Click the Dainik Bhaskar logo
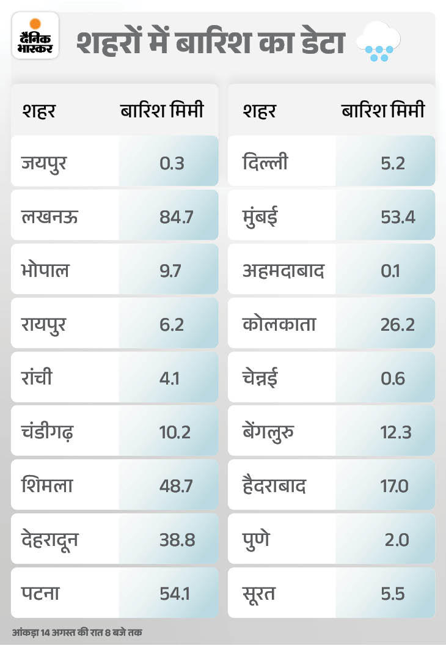35,39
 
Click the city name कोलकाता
279,324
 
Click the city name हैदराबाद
274,486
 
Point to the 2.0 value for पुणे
397,540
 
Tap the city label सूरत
259,594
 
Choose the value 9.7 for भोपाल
169,270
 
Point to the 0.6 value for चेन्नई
392,378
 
